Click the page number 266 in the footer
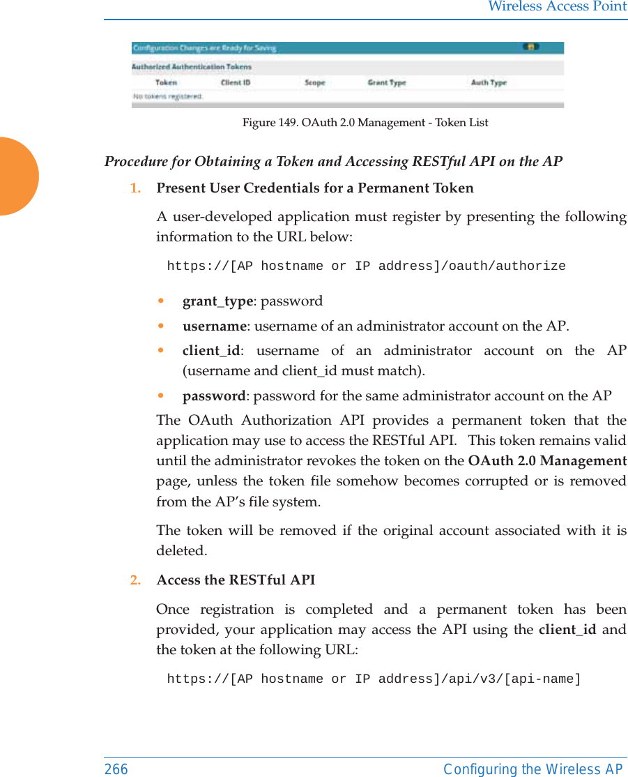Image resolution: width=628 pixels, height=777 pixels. click(x=116, y=769)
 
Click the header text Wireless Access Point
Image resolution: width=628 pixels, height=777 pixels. click(x=557, y=7)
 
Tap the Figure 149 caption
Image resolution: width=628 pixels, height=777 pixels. click(x=365, y=123)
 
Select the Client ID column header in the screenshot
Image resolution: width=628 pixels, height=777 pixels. click(x=236, y=82)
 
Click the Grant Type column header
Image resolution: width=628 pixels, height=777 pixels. click(x=386, y=82)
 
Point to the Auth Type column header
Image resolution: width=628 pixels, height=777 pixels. click(x=489, y=82)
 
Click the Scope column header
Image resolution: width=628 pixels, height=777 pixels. click(x=315, y=82)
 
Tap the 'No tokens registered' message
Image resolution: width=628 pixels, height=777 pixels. click(x=168, y=96)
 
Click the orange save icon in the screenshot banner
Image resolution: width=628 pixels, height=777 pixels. click(x=530, y=47)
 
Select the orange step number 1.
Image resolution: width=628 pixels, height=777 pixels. click(x=134, y=188)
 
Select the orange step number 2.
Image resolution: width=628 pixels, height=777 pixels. click(x=134, y=580)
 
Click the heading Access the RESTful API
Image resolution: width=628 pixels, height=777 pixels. click(x=236, y=580)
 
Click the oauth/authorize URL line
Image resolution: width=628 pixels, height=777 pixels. click(x=366, y=266)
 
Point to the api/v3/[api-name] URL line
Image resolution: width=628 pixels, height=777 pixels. click(x=374, y=679)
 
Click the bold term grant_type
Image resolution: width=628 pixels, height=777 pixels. click(x=217, y=301)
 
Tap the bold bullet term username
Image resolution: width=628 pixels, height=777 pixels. click(x=214, y=326)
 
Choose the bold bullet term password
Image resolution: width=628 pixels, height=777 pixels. click(x=213, y=396)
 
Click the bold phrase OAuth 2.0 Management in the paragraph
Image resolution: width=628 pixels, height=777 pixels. click(x=547, y=461)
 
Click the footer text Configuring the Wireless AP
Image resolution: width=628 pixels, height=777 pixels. click(x=533, y=769)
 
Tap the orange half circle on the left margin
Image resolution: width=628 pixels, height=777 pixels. click(x=17, y=176)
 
